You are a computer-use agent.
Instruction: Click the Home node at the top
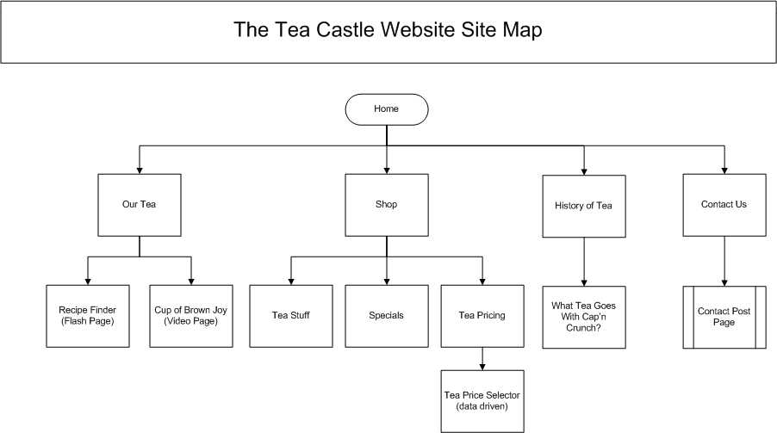387,109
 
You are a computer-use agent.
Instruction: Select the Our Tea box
140,205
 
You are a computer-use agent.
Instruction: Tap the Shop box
387,205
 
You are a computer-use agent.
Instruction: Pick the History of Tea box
584,206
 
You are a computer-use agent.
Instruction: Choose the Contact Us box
724,205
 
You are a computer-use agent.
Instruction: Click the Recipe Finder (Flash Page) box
88,315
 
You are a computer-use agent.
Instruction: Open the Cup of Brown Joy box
191,315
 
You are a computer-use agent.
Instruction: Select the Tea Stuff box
291,315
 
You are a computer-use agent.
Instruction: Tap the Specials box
387,315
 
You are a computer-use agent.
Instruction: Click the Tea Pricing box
482,315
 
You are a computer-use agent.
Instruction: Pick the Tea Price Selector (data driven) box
482,400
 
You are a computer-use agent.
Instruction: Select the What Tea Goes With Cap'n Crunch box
584,316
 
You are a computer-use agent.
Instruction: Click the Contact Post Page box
724,316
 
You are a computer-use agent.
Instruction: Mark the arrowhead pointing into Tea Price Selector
482,364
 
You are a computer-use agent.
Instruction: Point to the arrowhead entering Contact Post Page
724,281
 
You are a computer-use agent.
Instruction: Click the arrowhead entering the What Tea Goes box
584,281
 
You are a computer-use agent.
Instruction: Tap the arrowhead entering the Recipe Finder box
88,280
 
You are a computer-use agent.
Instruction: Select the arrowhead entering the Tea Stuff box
291,280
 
